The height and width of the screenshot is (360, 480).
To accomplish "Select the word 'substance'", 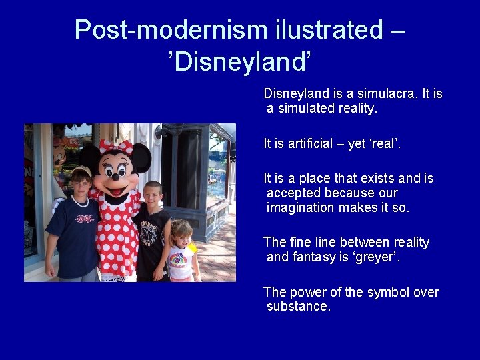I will coord(297,306).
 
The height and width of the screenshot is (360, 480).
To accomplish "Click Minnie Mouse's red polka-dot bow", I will coord(115,146).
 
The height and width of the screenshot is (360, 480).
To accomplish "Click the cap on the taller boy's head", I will coord(81,173).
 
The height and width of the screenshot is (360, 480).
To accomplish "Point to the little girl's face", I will coord(181,235).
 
